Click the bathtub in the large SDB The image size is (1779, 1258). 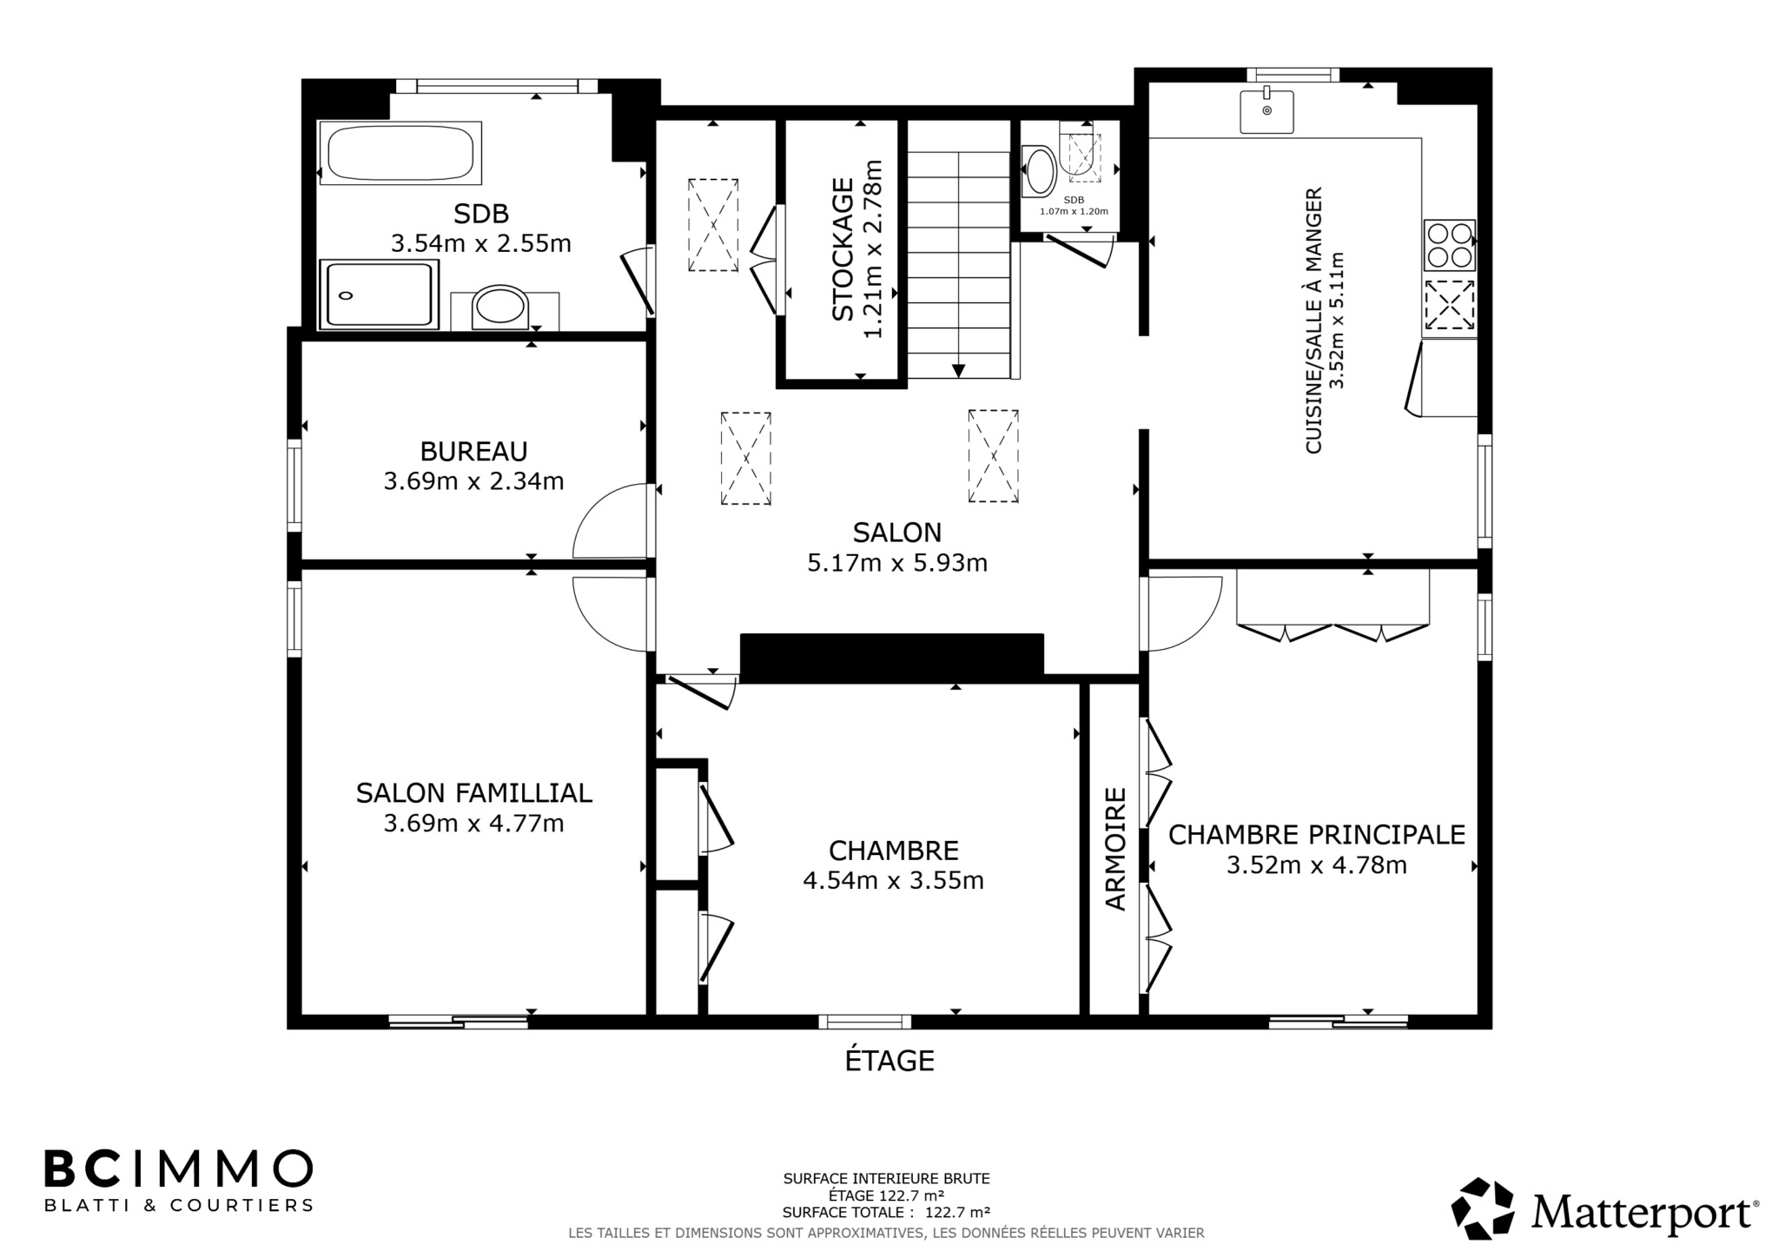400,153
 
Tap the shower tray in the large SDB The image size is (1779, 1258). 379,295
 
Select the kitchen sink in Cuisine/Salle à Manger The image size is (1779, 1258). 1266,111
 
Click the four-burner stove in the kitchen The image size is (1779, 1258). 1449,245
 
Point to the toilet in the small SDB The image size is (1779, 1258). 1040,170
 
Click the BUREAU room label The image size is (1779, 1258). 473,452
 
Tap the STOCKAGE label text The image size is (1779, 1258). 843,249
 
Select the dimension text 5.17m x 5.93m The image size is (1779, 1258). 897,563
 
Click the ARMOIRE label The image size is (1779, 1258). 1115,849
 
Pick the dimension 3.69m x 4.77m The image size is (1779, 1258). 473,823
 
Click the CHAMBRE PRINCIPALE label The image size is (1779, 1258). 1317,835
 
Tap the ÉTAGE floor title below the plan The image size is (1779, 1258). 889,1061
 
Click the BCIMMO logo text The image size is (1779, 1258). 179,1169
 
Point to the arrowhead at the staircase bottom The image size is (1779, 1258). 958,371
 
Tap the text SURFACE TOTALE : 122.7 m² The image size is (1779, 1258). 886,1213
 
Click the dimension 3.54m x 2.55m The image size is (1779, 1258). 481,243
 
